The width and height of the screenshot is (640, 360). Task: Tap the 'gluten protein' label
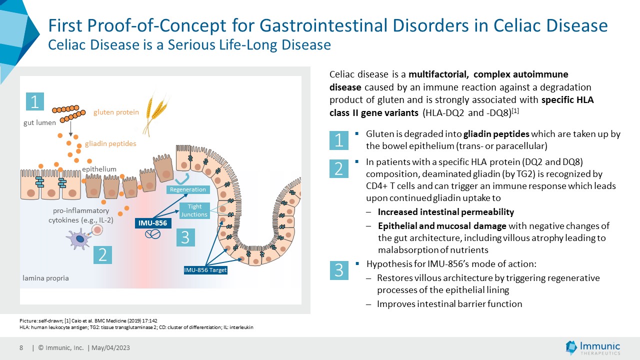(116, 112)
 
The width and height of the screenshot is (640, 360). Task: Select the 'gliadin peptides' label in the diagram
(110, 143)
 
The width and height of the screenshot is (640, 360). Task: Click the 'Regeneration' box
(188, 189)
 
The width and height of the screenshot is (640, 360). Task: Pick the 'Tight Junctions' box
(194, 210)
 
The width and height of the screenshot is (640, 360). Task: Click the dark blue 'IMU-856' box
(153, 223)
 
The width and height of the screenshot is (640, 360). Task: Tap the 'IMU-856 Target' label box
(205, 270)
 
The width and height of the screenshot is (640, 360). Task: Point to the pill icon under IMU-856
(152, 234)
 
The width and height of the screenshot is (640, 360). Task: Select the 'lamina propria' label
(45, 278)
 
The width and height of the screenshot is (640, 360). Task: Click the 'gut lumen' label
(39, 122)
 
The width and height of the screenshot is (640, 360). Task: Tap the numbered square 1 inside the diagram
(35, 101)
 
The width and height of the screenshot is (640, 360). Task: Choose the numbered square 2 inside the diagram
(103, 255)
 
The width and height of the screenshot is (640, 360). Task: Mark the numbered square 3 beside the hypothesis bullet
(339, 270)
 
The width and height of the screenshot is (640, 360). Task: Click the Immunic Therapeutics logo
(593, 347)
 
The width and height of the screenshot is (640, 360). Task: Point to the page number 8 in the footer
(21, 347)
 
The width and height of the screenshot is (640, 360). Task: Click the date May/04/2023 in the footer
(110, 347)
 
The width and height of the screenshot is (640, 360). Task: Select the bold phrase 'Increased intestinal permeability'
(445, 211)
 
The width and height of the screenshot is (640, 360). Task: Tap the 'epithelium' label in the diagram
(99, 169)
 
